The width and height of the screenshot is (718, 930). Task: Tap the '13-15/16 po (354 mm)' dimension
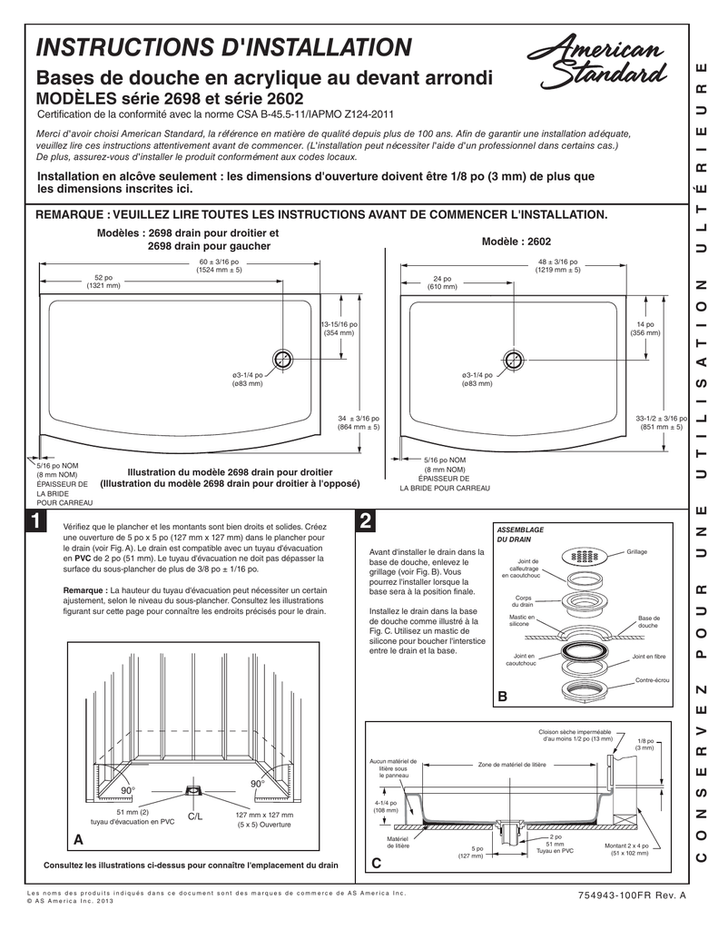[339, 330]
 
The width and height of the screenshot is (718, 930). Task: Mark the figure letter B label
[501, 697]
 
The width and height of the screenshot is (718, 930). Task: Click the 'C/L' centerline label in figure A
[194, 817]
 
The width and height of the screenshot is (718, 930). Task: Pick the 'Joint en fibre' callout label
[649, 656]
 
